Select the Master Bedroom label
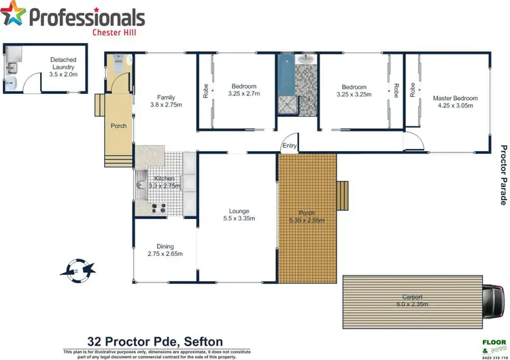pos(455,98)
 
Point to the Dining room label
pos(165,246)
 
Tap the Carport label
pos(412,297)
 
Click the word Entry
pos(290,146)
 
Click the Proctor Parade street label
pos(503,174)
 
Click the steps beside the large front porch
pos(344,197)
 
